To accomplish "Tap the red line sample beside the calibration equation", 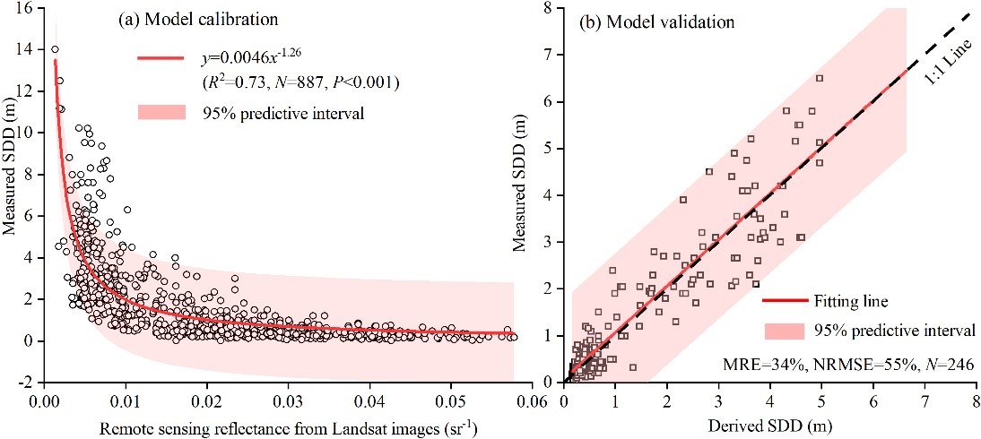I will tap(161, 59).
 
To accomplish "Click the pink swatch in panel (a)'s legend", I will tap(161, 112).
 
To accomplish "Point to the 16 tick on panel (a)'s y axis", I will tap(25, 8).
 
